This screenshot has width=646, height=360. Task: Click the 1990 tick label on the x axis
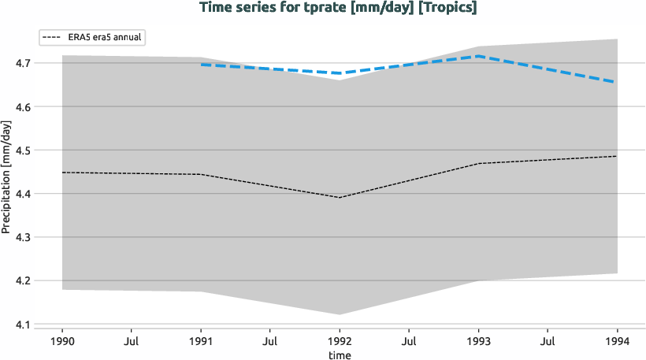(62, 343)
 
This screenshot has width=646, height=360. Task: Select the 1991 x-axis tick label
(201, 343)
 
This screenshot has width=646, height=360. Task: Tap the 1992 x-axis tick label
(340, 343)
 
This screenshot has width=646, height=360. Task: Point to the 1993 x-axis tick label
(478, 343)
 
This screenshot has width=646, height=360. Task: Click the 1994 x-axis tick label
(617, 343)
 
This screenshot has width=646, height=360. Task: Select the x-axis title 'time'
(340, 355)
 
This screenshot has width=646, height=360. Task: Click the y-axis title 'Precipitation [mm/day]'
(7, 176)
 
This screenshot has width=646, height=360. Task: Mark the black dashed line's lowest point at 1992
(340, 197)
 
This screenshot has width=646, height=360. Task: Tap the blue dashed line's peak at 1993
(478, 56)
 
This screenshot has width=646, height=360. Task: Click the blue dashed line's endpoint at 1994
(617, 82)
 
